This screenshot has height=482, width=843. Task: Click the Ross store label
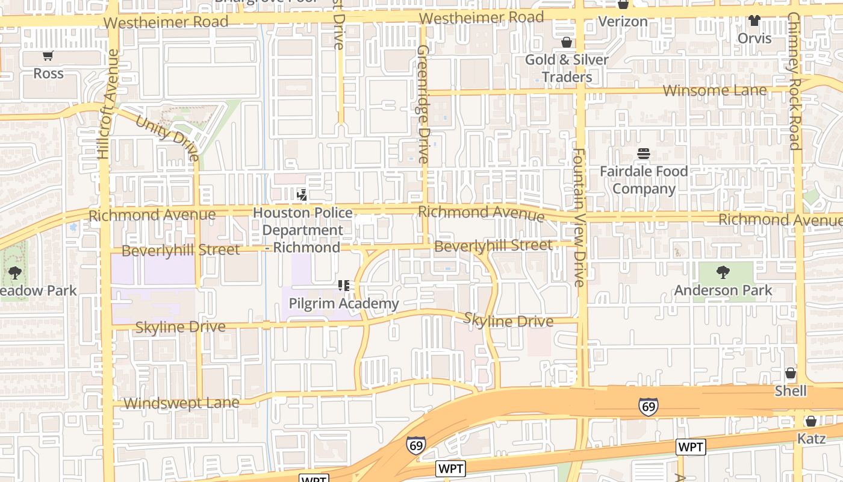click(48, 74)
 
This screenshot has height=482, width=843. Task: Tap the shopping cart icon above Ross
click(48, 56)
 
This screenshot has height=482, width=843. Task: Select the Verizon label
click(623, 22)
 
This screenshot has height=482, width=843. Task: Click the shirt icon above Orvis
click(754, 20)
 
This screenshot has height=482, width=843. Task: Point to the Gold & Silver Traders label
click(567, 68)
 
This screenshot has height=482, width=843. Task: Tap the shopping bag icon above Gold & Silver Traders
click(566, 42)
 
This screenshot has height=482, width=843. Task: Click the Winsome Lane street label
click(715, 90)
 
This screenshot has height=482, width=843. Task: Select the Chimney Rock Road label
click(795, 81)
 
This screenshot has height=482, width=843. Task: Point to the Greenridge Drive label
click(423, 104)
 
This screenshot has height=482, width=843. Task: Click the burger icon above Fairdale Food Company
click(643, 154)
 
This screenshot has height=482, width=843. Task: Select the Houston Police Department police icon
click(302, 195)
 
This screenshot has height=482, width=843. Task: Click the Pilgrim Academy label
click(343, 304)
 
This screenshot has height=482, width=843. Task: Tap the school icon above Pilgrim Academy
click(344, 285)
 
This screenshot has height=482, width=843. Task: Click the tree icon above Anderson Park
click(723, 272)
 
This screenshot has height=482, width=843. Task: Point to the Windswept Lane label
click(181, 403)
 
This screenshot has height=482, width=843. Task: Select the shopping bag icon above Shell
click(791, 373)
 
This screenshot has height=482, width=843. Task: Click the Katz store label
click(811, 439)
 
